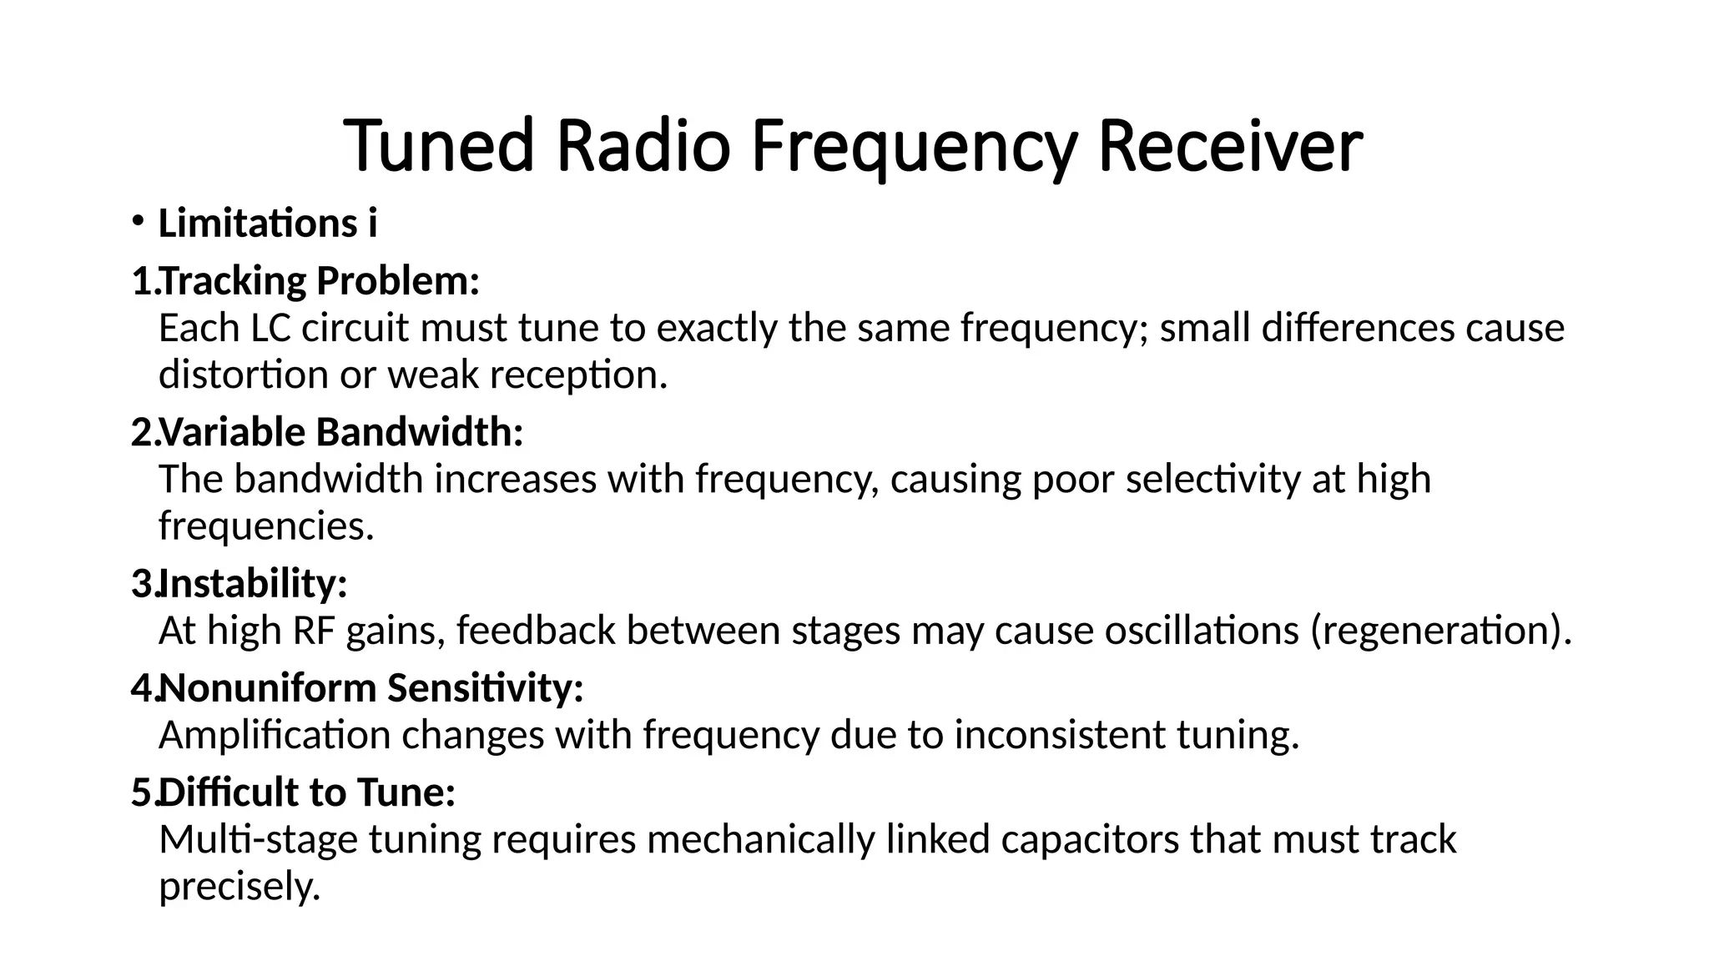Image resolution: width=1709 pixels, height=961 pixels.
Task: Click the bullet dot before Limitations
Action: click(x=138, y=221)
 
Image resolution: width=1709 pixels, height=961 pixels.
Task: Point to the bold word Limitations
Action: click(x=258, y=224)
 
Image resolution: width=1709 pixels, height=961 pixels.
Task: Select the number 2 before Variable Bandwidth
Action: click(x=141, y=432)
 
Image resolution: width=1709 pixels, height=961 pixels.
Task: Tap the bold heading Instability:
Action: click(x=253, y=583)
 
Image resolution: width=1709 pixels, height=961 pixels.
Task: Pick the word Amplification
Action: click(x=275, y=735)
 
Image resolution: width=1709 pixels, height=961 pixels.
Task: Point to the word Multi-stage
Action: click(x=258, y=839)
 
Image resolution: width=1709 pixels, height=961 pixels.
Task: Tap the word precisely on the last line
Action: click(x=239, y=886)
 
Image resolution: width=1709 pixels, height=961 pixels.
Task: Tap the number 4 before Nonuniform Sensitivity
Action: click(x=141, y=688)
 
